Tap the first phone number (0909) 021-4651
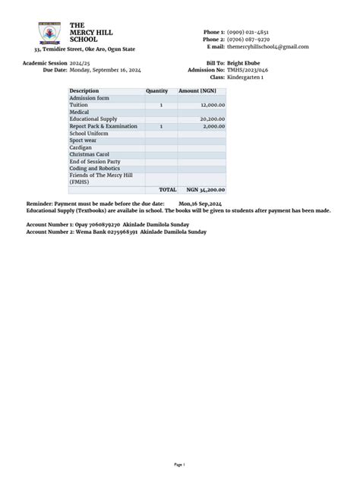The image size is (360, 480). (247, 33)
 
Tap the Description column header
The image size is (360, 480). (84, 91)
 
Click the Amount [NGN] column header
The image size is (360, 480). (197, 91)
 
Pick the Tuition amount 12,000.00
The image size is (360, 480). (213, 105)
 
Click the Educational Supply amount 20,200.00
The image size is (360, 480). (212, 119)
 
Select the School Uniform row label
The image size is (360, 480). (89, 133)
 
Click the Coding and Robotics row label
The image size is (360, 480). (94, 169)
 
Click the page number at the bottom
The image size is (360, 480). (180, 463)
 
